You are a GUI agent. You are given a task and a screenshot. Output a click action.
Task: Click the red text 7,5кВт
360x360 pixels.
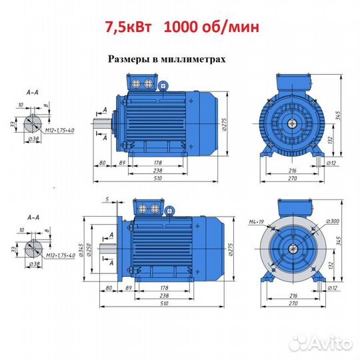128,27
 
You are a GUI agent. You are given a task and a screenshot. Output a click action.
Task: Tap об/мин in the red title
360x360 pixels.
230,27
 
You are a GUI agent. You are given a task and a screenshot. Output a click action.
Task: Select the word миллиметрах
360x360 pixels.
193,59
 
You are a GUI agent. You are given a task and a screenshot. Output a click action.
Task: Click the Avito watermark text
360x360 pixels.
330,343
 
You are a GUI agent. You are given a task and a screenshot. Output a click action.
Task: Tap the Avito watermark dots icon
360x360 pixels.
298,343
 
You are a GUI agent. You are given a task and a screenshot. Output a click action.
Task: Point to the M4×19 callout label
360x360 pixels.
257,222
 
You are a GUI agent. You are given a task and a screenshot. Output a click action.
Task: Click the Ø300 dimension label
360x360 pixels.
333,221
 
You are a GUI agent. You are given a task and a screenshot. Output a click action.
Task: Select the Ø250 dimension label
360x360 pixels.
89,249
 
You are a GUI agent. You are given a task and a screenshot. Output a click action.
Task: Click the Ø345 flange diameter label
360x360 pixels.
81,249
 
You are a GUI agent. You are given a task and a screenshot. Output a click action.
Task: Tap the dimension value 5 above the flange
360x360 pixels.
107,199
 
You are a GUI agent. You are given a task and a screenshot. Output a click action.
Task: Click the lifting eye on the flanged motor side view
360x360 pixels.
169,211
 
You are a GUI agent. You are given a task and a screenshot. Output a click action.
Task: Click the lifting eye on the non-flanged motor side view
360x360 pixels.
163,85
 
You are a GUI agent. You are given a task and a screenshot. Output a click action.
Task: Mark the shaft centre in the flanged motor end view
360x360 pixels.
293,249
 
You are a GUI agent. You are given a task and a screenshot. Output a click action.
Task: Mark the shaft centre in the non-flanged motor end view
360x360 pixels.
292,124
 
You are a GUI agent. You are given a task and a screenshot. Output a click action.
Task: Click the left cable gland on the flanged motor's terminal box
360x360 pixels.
143,209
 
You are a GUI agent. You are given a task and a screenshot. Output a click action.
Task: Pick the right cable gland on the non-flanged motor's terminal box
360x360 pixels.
148,83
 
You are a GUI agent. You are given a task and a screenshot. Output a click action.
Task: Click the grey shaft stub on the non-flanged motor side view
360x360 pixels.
103,124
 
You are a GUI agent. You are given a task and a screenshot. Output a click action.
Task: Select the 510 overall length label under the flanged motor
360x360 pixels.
164,303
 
